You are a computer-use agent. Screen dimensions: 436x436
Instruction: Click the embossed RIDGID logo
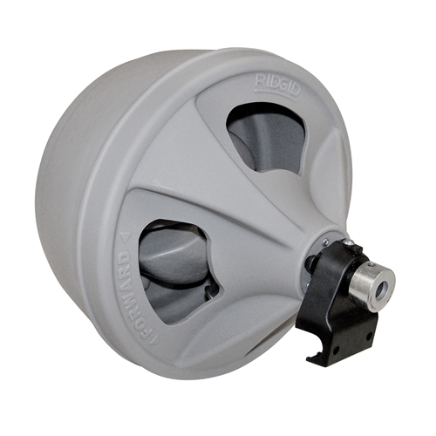pyautogui.click(x=276, y=86)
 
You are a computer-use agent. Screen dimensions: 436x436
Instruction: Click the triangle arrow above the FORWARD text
pyautogui.click(x=126, y=238)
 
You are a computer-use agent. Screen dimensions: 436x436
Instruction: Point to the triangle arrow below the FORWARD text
pyautogui.click(x=154, y=338)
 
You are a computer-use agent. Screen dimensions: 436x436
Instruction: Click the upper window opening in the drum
pyautogui.click(x=266, y=137)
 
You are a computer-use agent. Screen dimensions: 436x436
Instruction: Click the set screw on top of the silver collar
pyautogui.click(x=370, y=264)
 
